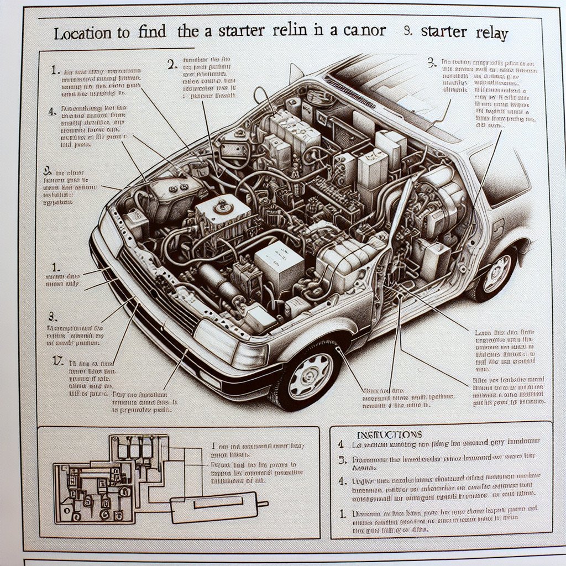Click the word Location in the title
[x=84, y=33]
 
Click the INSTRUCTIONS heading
[x=382, y=434]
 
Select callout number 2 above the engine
[x=171, y=64]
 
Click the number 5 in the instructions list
[x=342, y=458]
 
